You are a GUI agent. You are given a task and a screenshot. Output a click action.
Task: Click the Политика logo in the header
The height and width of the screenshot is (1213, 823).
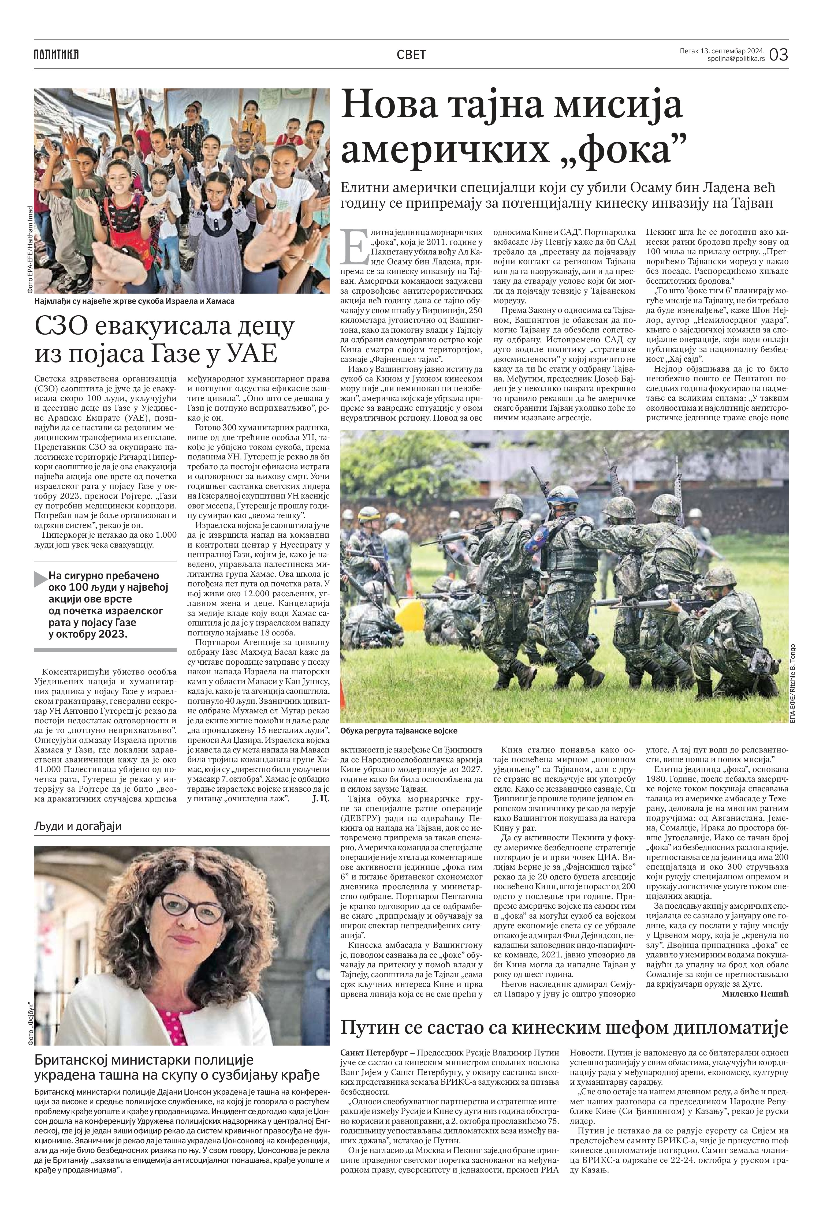[56, 54]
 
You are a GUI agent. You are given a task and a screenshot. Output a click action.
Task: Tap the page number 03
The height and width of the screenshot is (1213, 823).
[778, 54]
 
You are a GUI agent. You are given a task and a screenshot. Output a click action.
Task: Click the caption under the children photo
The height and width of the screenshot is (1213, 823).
[135, 301]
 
